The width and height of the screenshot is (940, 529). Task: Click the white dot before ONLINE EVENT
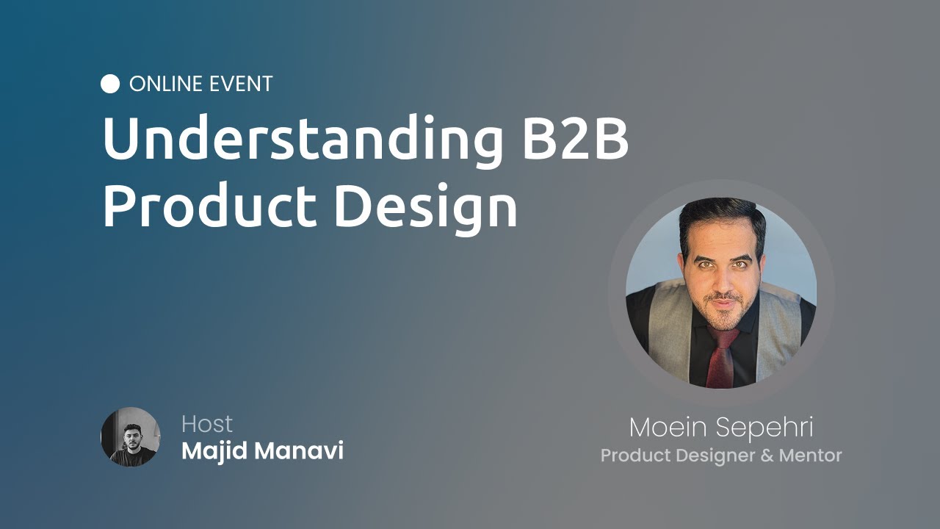coord(110,84)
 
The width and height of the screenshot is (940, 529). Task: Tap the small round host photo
coord(131,437)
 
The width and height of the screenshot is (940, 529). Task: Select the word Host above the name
coord(206,424)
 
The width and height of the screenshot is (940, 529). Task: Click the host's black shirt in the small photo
coord(132,457)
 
